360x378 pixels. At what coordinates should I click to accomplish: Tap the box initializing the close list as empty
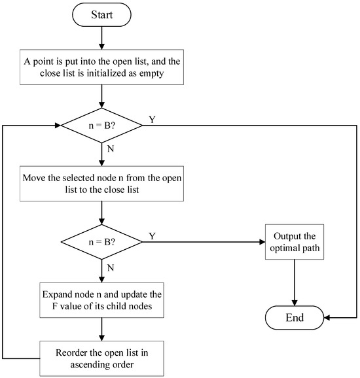(102, 67)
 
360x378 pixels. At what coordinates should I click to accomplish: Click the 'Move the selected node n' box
(102, 182)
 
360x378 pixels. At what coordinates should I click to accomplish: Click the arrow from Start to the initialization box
(102, 39)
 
